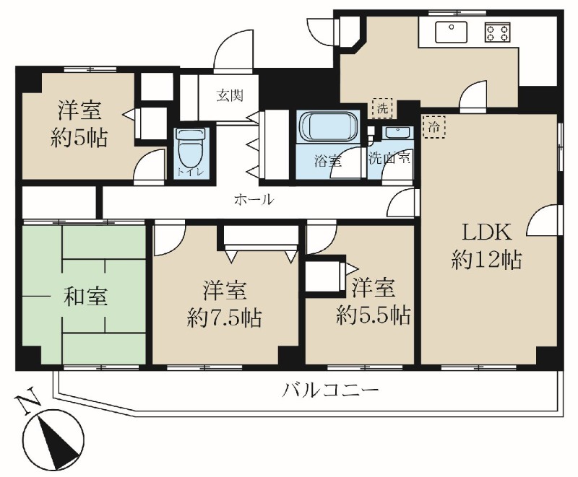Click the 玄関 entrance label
click(x=230, y=96)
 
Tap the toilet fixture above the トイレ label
click(x=191, y=149)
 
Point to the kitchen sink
click(x=451, y=32)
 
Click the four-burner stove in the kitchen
click(x=498, y=32)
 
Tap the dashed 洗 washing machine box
click(x=383, y=108)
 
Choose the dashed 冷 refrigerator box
click(x=434, y=127)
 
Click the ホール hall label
click(x=254, y=200)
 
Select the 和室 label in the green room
click(x=85, y=297)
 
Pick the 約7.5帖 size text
click(x=225, y=318)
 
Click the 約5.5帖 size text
click(x=373, y=315)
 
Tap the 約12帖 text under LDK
click(x=486, y=261)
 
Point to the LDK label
click(x=487, y=232)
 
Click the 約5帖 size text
click(x=79, y=139)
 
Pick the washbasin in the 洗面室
click(x=397, y=132)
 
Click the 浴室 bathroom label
click(x=328, y=160)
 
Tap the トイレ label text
click(x=191, y=172)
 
